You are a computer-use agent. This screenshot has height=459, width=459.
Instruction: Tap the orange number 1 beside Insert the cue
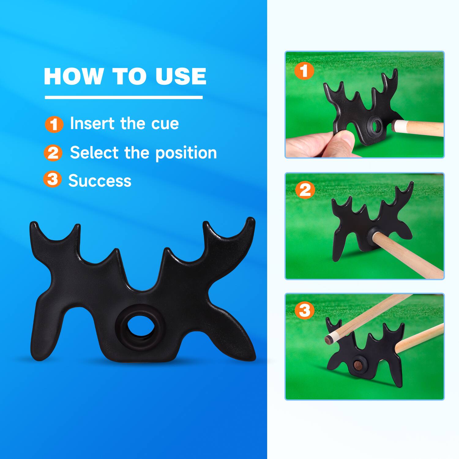[x=54, y=124]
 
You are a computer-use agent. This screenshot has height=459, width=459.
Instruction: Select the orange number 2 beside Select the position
[x=53, y=153]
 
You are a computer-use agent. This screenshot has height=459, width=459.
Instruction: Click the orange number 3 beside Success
[x=52, y=179]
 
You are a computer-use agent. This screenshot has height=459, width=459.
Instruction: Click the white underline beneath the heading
[x=124, y=97]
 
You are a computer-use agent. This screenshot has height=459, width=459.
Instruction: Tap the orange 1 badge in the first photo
[x=304, y=71]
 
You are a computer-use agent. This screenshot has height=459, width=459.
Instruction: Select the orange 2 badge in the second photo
[x=305, y=190]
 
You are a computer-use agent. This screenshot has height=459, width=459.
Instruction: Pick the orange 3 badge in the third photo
[x=304, y=311]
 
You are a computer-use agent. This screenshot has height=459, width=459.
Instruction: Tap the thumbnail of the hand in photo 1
[x=347, y=138]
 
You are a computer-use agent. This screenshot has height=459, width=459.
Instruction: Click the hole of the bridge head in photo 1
[x=376, y=125]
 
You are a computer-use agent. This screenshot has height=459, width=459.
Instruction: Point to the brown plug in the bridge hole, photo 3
[x=357, y=364]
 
